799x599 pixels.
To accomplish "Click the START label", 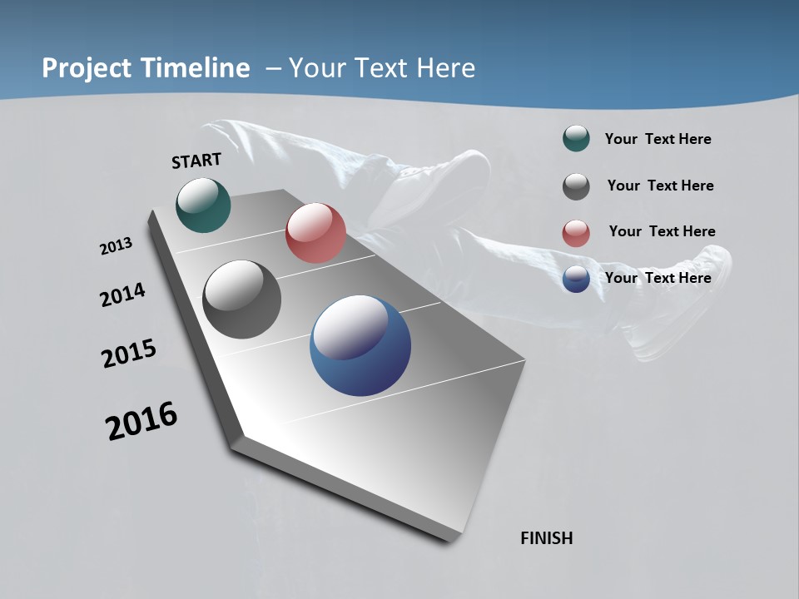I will coord(196,161).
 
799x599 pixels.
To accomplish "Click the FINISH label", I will coord(546,538).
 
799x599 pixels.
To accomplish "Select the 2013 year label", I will coord(116,246).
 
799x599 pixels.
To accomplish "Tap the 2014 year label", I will coord(122,295).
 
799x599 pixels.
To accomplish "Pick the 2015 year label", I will coord(129,354).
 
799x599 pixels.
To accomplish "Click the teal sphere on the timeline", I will coord(203,205).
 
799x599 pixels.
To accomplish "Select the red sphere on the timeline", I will coord(315,233).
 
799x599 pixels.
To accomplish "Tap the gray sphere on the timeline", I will coord(241,299).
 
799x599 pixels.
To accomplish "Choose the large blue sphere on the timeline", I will coord(360,345).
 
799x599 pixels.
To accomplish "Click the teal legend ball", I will coord(576,139).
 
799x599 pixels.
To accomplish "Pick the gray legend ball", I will coord(576,186).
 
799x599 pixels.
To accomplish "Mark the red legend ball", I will coord(576,233).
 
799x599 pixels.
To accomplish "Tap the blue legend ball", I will coord(576,279).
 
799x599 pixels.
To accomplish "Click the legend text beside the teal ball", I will coord(658,140).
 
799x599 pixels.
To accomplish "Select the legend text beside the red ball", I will coord(662,231).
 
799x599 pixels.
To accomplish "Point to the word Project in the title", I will coord(87,68).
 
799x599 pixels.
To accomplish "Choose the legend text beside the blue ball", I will coord(658,278).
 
